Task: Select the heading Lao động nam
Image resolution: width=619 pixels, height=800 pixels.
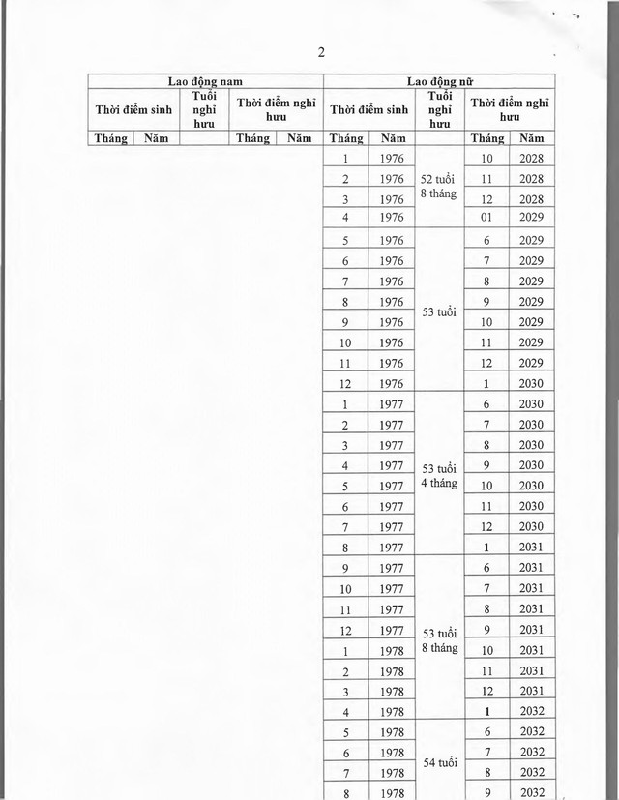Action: (203, 84)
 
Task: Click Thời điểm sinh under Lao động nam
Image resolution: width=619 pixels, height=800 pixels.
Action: (133, 109)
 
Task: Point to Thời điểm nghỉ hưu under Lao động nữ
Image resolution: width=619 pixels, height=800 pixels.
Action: (509, 109)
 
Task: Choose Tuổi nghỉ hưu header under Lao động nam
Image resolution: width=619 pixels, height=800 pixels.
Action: (203, 109)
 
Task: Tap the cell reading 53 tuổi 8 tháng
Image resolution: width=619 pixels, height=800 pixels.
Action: (440, 640)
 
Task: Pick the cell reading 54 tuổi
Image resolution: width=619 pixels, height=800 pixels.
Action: (440, 760)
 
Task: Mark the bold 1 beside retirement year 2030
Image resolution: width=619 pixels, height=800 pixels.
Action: (486, 384)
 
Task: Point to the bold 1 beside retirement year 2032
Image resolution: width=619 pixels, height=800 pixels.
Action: (486, 711)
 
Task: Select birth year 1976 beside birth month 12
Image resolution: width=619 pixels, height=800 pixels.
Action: (391, 384)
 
